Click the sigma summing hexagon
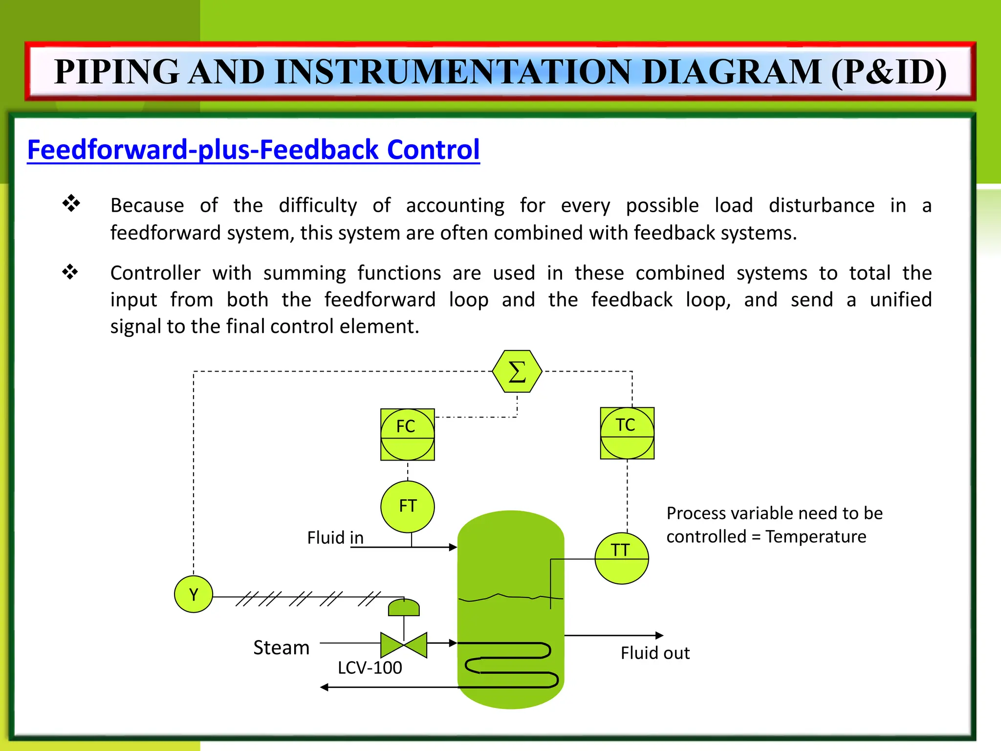coord(517,372)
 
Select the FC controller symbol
coord(407,435)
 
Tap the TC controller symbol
coord(627,433)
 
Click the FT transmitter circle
coord(407,507)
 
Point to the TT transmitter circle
coord(621,558)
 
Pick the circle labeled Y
coord(194,595)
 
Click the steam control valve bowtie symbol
coord(404,645)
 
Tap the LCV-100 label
coord(370,668)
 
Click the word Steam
coord(281,647)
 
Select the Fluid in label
coord(335,538)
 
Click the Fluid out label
coord(655,653)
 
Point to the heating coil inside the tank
coord(511,665)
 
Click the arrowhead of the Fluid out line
coord(659,635)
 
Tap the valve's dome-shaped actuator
coord(404,608)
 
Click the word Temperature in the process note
coord(816,537)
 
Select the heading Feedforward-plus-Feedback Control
coord(253,150)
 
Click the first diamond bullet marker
coord(71,203)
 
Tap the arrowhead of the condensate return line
coord(324,687)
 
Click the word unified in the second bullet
coord(900,299)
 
